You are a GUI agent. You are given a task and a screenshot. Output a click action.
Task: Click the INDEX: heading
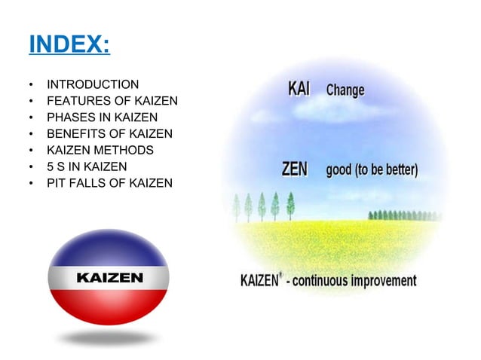click(69, 44)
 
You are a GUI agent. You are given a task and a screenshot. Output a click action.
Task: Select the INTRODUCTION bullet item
click(92, 84)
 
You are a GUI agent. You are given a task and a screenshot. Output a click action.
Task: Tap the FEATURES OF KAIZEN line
click(112, 100)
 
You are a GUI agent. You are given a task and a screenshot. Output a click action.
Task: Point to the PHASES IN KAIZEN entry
click(102, 117)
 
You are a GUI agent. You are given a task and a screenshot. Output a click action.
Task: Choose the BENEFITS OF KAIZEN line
click(109, 133)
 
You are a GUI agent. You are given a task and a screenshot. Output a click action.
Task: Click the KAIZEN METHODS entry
click(100, 150)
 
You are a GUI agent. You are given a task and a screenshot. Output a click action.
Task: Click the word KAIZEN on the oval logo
click(109, 278)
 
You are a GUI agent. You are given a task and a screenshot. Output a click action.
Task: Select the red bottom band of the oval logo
click(109, 306)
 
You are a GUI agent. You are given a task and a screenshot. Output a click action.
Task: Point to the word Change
click(345, 90)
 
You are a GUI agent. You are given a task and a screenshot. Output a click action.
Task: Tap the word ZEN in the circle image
click(294, 169)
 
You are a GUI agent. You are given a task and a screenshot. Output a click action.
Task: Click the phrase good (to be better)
click(372, 169)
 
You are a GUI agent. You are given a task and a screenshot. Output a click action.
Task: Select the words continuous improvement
click(361, 281)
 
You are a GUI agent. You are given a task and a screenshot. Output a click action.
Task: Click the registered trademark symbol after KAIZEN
click(281, 275)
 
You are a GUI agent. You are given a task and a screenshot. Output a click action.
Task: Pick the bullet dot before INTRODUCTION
click(31, 84)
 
